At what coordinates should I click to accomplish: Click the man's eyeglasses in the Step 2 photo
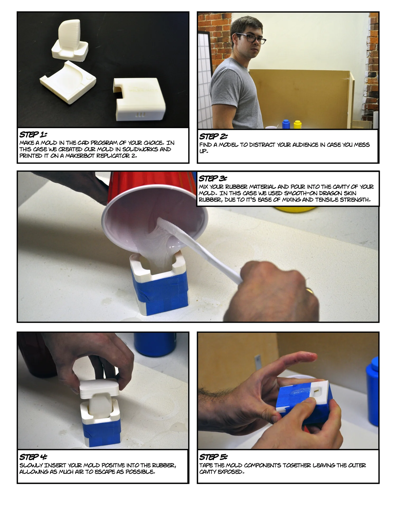point(251,38)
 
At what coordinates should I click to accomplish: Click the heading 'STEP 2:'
point(213,137)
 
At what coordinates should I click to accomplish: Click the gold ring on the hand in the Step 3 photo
point(310,291)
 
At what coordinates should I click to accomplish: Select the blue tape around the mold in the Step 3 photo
point(161,293)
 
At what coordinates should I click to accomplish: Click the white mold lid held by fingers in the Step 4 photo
point(99,387)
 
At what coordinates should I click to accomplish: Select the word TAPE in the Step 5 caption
point(205,465)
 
